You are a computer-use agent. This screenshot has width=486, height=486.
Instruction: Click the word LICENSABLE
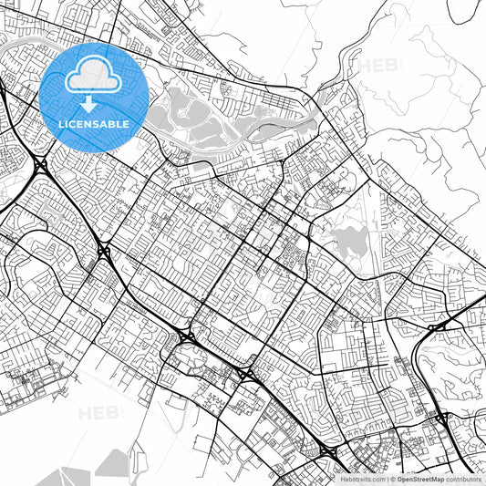(x=95, y=123)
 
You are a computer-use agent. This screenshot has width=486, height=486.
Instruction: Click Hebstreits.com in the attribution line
(x=363, y=478)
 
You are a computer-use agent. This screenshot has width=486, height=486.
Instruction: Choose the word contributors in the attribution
(x=466, y=478)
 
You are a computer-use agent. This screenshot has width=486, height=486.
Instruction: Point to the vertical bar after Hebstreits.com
(x=387, y=478)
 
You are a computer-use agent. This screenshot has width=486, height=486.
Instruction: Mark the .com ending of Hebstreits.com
(x=377, y=478)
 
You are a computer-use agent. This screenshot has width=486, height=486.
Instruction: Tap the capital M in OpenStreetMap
(x=439, y=478)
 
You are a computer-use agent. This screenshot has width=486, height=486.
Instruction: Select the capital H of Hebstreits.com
(x=345, y=478)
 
